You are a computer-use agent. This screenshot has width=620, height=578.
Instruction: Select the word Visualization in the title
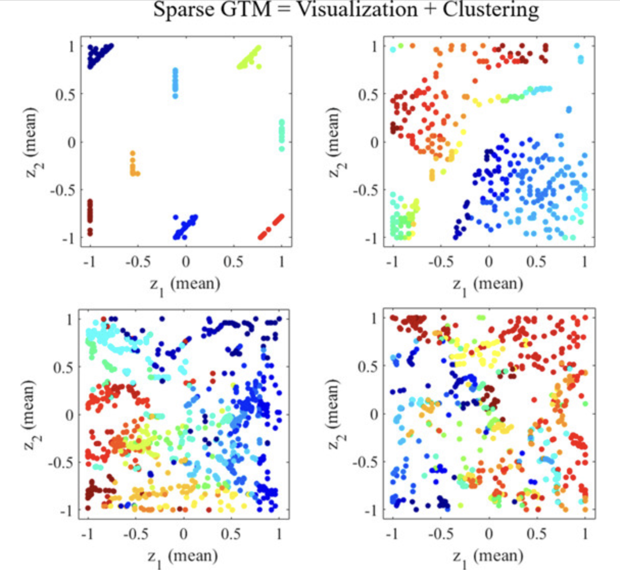click(x=357, y=10)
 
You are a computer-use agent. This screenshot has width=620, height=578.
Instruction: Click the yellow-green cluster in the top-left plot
click(x=250, y=58)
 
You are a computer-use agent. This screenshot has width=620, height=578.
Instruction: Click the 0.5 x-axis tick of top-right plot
click(x=536, y=261)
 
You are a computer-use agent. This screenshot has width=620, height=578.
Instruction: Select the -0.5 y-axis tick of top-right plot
click(x=366, y=190)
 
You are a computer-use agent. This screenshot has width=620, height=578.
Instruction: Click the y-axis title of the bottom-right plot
click(x=333, y=414)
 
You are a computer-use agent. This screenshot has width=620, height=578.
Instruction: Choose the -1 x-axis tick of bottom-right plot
click(x=391, y=534)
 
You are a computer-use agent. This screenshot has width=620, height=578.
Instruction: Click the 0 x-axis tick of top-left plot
click(x=186, y=261)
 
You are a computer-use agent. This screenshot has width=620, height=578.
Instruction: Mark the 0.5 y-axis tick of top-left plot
click(x=64, y=94)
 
